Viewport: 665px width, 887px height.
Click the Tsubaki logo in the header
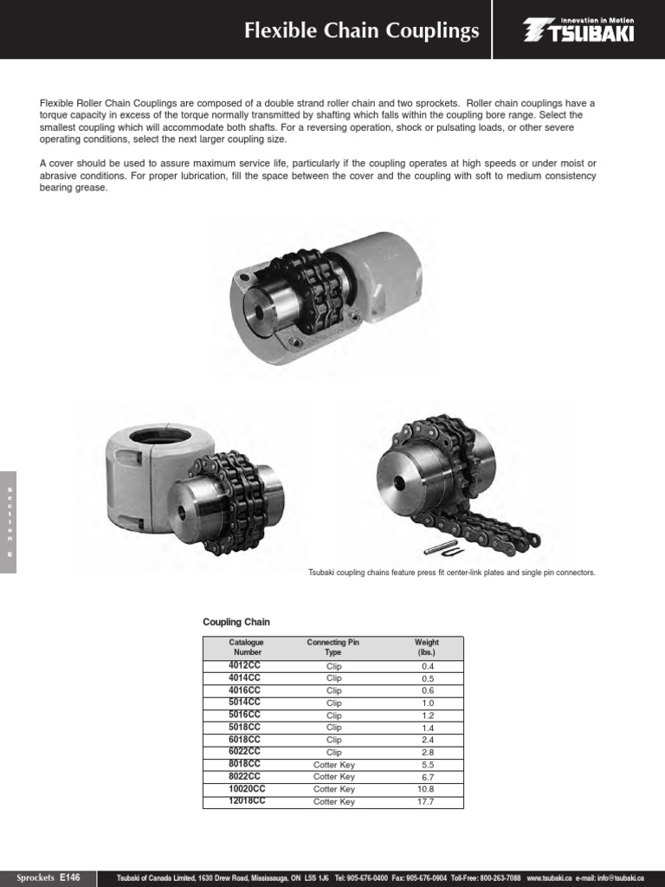[x=578, y=31]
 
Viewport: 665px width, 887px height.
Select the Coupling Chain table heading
[x=236, y=622]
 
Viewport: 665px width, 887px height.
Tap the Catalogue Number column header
[x=246, y=647]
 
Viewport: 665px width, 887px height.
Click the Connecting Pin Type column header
[x=333, y=647]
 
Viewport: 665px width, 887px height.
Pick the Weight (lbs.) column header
[x=427, y=647]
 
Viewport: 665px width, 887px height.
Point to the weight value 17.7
[x=425, y=802]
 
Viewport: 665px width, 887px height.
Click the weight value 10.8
[x=425, y=789]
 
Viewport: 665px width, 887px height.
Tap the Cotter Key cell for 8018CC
[x=333, y=765]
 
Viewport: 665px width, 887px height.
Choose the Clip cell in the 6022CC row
[x=333, y=753]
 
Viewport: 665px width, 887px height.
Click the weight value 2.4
[x=425, y=741]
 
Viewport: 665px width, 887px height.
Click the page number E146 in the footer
[x=69, y=877]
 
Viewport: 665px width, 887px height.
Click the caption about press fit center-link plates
[x=452, y=573]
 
